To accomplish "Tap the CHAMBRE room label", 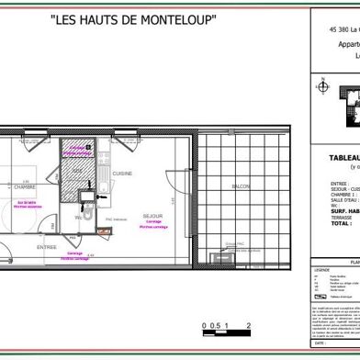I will (x=24, y=186).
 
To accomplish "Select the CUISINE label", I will (x=123, y=174).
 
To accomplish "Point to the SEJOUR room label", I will (x=152, y=216).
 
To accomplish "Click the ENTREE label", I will (x=46, y=247).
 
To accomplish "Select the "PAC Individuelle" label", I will (x=111, y=220).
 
